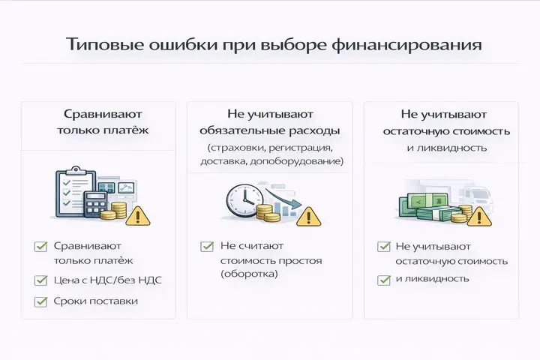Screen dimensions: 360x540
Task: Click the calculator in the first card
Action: tap(95, 204)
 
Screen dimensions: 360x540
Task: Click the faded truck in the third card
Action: tap(475, 196)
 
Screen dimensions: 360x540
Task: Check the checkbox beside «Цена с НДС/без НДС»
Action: tap(41, 280)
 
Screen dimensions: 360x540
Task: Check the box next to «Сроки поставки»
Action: tap(41, 301)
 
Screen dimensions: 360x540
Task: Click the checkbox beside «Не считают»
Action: tap(206, 247)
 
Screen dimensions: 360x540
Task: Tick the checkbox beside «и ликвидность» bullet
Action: tap(383, 280)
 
